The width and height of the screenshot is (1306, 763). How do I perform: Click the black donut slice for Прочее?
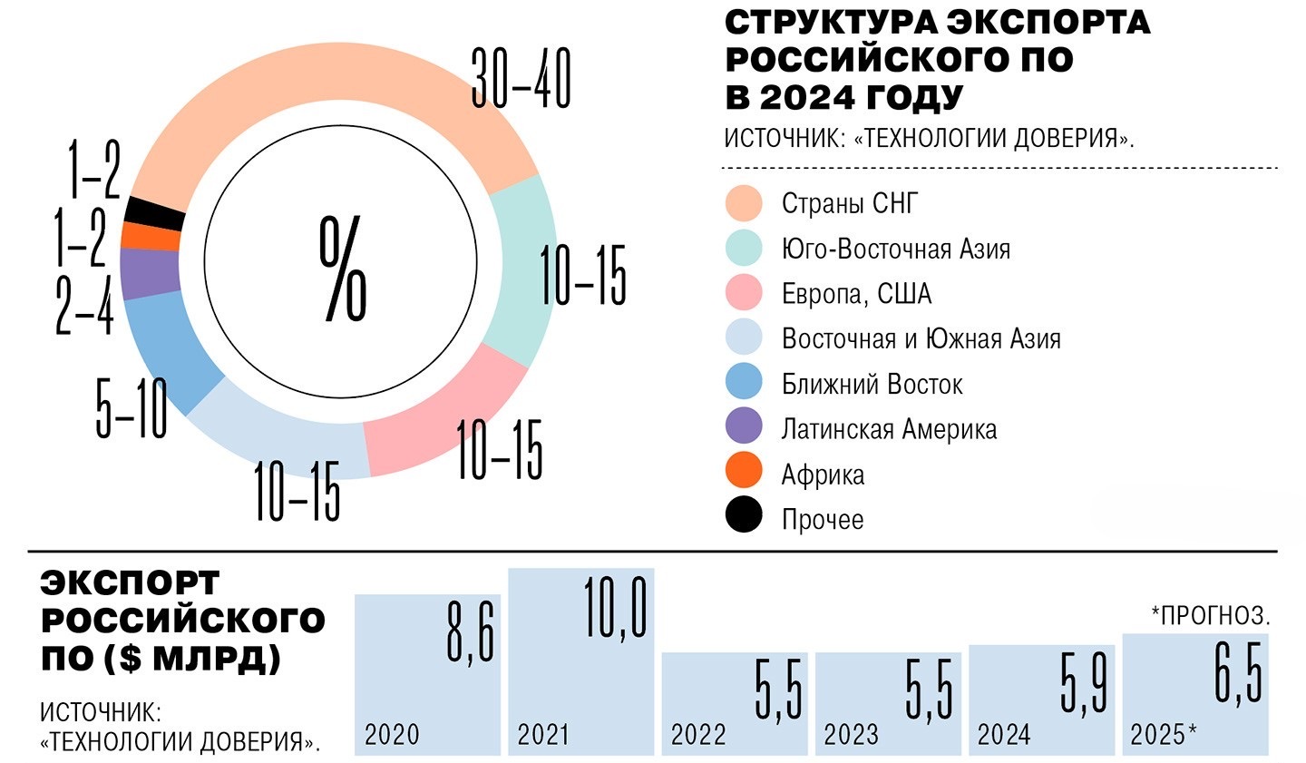155,212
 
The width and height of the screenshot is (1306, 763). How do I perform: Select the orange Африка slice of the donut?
150,236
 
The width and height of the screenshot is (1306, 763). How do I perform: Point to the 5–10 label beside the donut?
132,408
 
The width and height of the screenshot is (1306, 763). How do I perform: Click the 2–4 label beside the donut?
84,302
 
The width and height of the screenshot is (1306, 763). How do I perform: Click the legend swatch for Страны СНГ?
744,203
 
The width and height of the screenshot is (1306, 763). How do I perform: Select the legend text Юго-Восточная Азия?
895,249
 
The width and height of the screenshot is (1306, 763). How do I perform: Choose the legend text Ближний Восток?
872,384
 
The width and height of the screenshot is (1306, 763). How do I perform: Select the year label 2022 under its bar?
697,735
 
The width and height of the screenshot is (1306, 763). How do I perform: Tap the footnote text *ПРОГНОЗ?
1210,616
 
